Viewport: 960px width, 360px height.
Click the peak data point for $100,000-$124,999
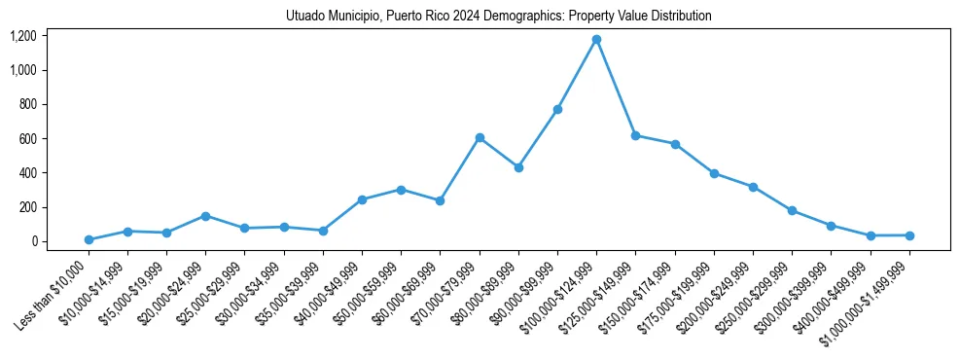coord(596,40)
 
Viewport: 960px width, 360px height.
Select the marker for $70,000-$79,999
coord(480,138)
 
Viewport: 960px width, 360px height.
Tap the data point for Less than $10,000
coord(89,239)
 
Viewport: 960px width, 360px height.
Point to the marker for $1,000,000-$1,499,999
coord(909,235)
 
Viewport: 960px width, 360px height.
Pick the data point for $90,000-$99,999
coord(557,109)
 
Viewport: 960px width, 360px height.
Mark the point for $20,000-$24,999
coord(206,216)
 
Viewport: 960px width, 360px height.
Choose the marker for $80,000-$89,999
coord(518,167)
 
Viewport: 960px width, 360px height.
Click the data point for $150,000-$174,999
coord(675,144)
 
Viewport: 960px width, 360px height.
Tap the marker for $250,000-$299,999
coord(792,210)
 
